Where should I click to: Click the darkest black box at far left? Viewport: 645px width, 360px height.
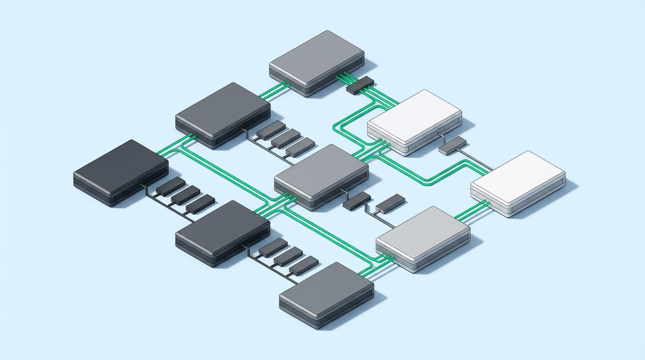[120, 169]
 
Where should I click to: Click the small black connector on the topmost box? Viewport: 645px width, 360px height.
[360, 85]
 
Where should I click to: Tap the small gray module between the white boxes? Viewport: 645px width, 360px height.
[453, 145]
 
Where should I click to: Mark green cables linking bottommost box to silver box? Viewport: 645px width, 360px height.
[373, 265]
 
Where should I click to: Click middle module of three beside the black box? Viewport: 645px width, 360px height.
[185, 195]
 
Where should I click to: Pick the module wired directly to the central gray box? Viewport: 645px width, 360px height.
[357, 200]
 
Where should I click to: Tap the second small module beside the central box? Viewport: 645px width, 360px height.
[390, 203]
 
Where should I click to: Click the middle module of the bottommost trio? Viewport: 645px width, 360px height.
[288, 256]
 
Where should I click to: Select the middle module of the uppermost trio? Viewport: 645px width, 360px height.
[285, 138]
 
